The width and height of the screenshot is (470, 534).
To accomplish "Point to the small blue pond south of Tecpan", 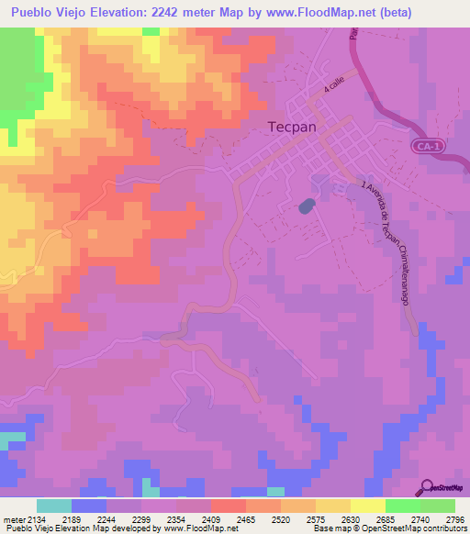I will click(306, 206).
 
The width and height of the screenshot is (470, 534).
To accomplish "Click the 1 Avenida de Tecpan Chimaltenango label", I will click(385, 242).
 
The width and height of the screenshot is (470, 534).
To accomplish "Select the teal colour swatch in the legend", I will click(54, 506).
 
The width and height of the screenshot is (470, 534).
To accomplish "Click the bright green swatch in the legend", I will click(403, 506).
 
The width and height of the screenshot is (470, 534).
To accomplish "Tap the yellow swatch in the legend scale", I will click(368, 506).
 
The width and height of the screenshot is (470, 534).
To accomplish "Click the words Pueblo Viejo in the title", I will click(47, 13).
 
